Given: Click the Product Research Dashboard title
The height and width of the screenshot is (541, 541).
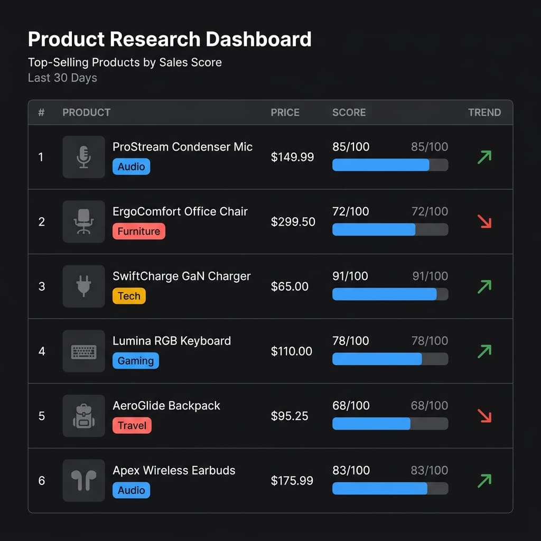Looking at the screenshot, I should tap(170, 40).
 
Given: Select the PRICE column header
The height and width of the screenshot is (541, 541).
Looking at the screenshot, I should tap(285, 113).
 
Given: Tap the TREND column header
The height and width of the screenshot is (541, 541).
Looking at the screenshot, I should tap(484, 113).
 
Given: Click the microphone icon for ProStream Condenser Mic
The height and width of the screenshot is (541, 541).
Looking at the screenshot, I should tap(83, 157).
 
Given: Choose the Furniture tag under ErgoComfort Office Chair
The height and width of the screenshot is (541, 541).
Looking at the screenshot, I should tap(138, 231).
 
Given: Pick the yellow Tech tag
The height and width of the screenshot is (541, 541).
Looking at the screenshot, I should tap(129, 296).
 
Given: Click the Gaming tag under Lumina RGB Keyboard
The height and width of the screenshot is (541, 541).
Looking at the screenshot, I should tap(135, 361).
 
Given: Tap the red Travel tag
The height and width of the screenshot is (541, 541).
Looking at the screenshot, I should tap(132, 425).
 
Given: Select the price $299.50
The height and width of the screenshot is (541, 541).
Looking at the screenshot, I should tap(293, 222).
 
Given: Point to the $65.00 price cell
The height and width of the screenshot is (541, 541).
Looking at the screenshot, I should tap(290, 286).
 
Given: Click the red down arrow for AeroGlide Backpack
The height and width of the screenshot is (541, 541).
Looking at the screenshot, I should tap(484, 416).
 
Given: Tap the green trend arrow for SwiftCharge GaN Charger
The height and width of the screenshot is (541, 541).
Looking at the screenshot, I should tap(484, 286).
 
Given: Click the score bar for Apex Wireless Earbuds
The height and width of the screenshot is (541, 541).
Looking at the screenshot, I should tap(390, 489).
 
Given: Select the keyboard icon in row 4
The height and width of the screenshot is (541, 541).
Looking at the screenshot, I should tap(83, 351).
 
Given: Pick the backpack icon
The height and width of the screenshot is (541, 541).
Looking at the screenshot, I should tap(83, 416).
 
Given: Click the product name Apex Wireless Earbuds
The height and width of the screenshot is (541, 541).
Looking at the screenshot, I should tap(174, 470).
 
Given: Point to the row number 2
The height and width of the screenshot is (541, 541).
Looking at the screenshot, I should tap(42, 222).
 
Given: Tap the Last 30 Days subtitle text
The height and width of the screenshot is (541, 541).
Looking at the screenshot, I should tap(62, 78).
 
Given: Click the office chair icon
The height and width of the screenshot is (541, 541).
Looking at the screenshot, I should tap(83, 222).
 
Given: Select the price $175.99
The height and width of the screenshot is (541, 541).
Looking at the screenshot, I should tap(292, 481).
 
